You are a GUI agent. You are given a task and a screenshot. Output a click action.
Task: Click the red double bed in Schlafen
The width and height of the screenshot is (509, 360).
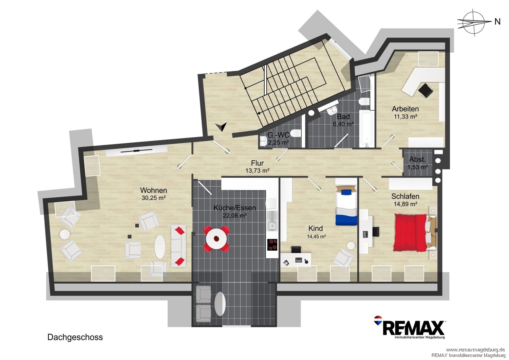pos(410,232)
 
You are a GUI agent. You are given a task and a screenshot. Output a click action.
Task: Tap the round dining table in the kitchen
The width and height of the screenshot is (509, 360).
pos(216,239)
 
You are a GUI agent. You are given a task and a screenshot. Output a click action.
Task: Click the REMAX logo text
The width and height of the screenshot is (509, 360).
pos(414,328)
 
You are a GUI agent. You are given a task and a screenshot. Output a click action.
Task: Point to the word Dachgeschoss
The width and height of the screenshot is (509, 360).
pos(75,337)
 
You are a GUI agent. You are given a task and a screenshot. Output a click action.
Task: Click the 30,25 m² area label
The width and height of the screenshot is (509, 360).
pos(154,198)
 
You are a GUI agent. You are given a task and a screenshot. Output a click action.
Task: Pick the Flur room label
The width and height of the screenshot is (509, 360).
pos(257,163)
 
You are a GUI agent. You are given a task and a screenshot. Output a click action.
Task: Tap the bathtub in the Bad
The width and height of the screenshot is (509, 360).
pos(366,128)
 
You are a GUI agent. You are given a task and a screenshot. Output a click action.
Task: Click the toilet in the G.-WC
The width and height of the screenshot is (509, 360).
pos(296,133)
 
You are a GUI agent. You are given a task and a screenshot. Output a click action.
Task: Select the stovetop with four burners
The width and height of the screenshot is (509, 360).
pos(272,245)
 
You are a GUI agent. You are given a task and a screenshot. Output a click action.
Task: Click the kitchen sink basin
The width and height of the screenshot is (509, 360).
pos(272,226)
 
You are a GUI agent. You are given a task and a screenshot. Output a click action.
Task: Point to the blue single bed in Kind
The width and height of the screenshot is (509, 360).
pos(346,205)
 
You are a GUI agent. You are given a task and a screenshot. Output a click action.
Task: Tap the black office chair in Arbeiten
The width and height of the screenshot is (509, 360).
pos(426,90)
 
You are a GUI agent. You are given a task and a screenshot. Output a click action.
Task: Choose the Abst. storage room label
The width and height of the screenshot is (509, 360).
pos(417,159)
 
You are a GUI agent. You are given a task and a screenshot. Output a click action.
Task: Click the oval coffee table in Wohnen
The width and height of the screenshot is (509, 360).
pos(160,247)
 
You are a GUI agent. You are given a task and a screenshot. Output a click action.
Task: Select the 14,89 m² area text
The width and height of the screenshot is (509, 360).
pos(406,204)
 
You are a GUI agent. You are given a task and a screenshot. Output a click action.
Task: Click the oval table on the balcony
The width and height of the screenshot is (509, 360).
pos(220,304)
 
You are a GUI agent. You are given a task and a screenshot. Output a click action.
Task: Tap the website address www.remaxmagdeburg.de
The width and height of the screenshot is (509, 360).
pos(475,350)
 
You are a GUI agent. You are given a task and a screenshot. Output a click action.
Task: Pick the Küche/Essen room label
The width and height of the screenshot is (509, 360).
pos(234,208)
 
